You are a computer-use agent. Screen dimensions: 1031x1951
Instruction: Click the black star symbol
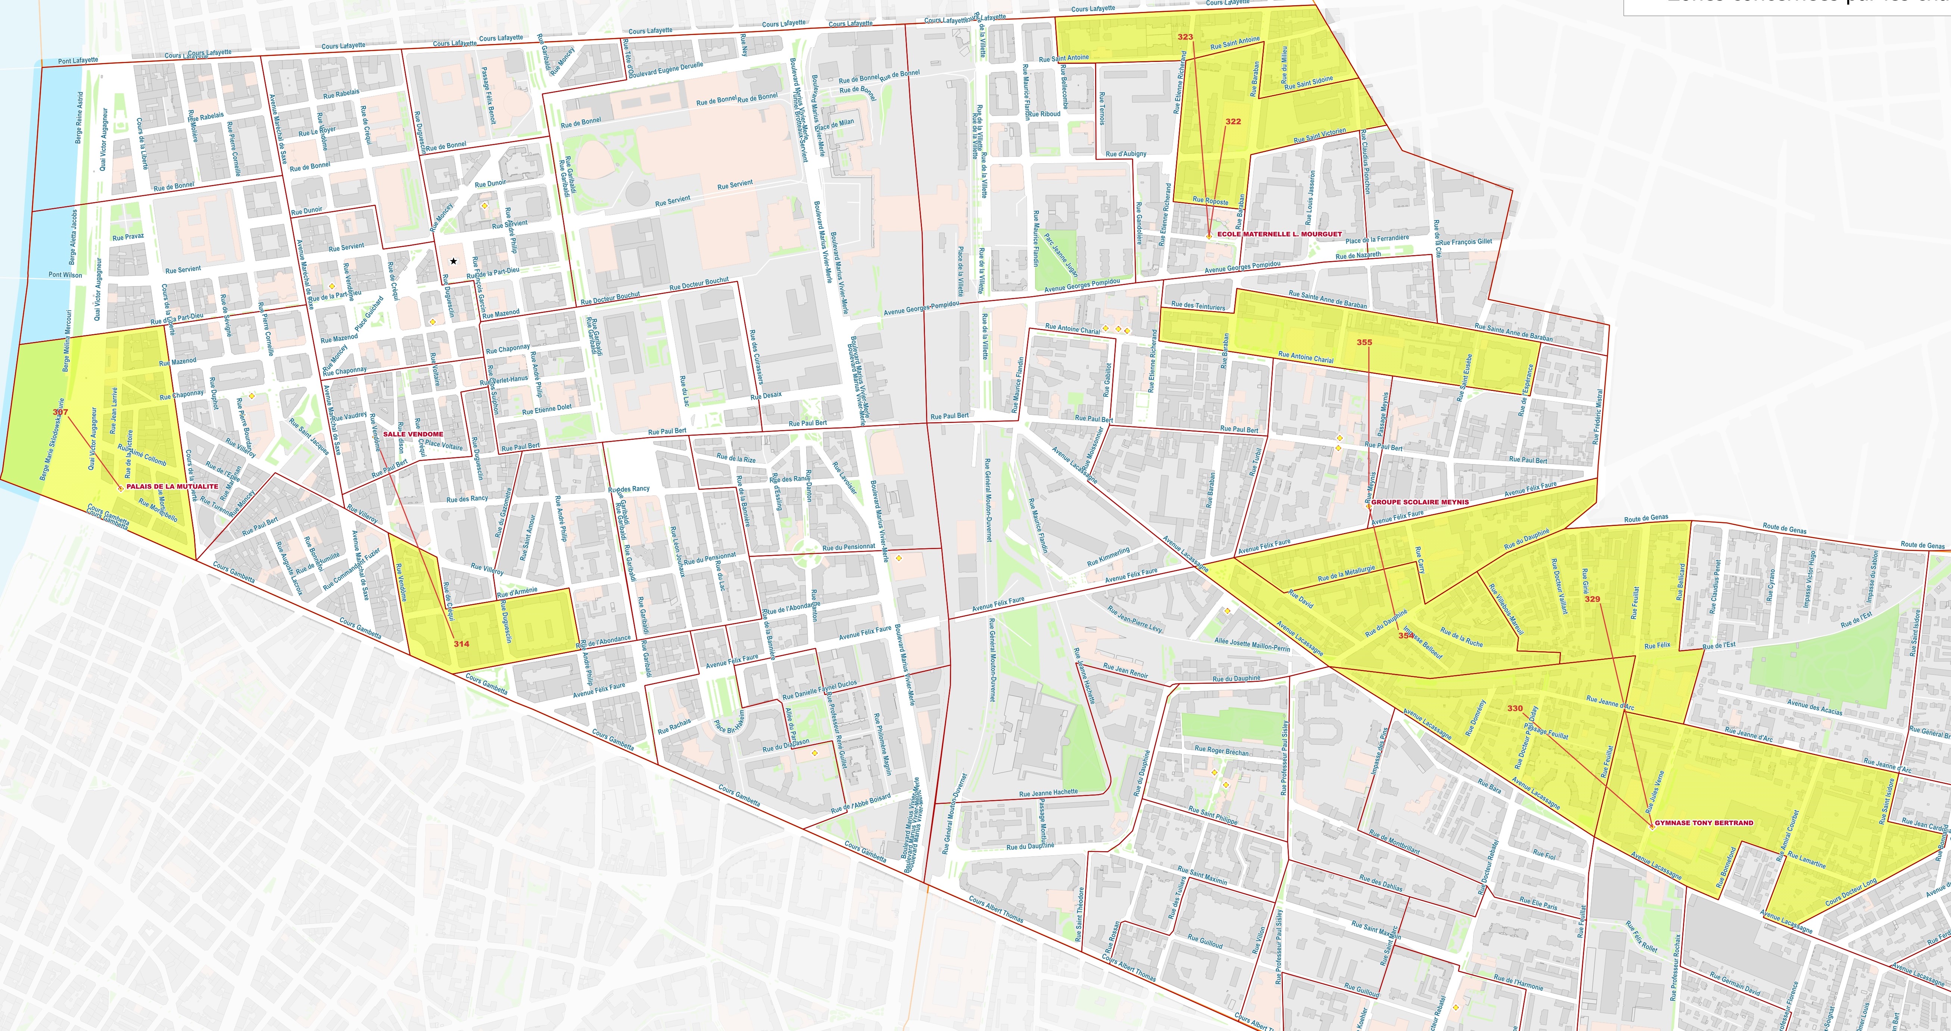(453, 261)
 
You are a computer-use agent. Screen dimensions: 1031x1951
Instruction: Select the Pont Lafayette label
(78, 60)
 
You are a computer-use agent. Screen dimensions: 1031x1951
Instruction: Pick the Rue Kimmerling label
(1108, 557)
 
